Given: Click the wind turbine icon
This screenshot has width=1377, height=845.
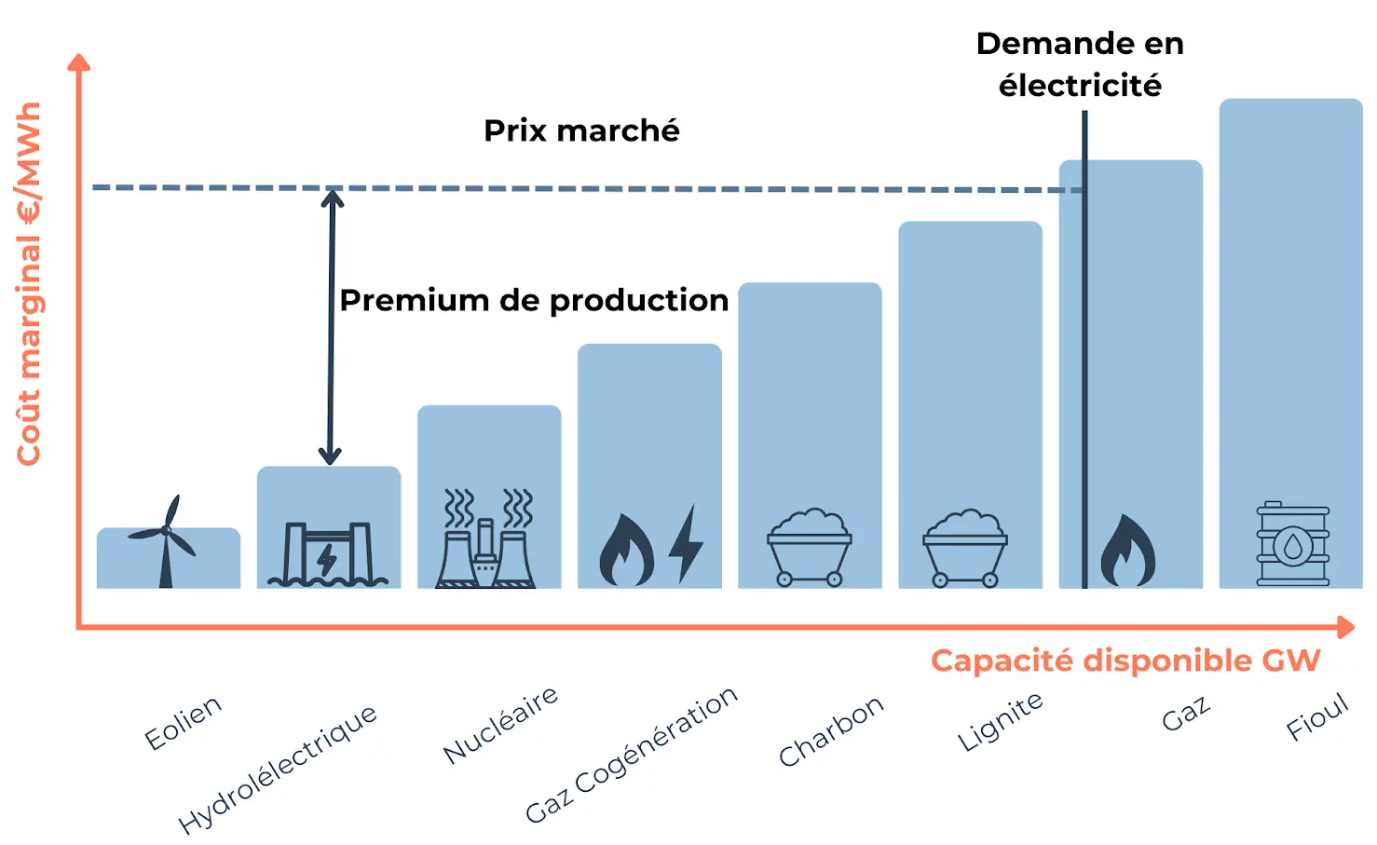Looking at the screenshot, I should [166, 542].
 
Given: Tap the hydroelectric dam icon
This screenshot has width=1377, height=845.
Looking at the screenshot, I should [327, 554].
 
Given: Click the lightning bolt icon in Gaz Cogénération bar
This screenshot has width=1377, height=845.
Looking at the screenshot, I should [687, 545].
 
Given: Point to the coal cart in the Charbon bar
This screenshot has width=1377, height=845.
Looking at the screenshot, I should [809, 549].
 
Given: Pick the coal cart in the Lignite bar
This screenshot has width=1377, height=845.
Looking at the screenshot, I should [965, 549].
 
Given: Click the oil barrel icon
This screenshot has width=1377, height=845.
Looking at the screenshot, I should [1292, 545].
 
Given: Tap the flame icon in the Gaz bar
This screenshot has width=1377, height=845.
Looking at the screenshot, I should [1128, 552].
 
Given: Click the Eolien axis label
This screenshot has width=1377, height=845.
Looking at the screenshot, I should [184, 722].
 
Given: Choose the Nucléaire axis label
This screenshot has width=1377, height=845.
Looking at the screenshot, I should [501, 724].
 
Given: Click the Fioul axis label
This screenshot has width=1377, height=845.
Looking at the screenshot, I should [1317, 716].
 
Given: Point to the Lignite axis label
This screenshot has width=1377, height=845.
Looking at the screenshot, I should [1001, 721].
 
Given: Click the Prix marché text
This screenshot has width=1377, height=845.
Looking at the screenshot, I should [581, 130].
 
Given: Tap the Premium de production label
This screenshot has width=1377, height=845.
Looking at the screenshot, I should [534, 300].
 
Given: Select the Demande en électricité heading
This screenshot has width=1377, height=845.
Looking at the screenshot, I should [1080, 64].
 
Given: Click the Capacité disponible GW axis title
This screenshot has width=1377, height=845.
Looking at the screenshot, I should [1125, 661].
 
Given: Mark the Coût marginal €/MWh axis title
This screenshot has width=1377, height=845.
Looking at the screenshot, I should [29, 283].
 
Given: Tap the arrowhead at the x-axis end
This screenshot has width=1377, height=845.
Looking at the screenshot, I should [1346, 627].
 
